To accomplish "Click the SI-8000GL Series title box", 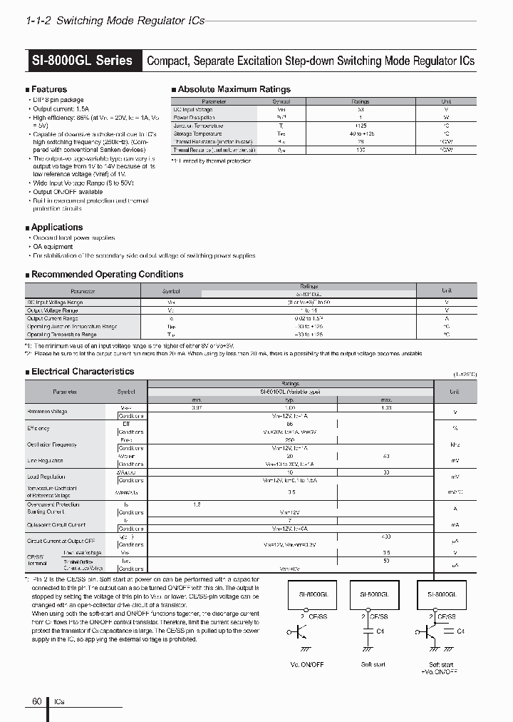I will click(83, 61).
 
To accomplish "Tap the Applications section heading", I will click(56, 227).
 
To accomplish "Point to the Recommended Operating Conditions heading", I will click(107, 274).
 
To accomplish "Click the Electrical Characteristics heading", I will click(82, 371).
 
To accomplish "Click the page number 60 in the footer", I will click(36, 702).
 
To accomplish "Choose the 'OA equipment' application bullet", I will click(53, 247).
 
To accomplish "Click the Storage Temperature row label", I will click(197, 133).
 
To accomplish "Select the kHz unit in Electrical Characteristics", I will click(454, 444).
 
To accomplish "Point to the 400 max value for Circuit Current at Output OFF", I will click(385, 537).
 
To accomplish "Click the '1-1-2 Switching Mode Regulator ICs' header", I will click(115, 21).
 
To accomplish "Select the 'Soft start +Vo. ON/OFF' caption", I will click(442, 668).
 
